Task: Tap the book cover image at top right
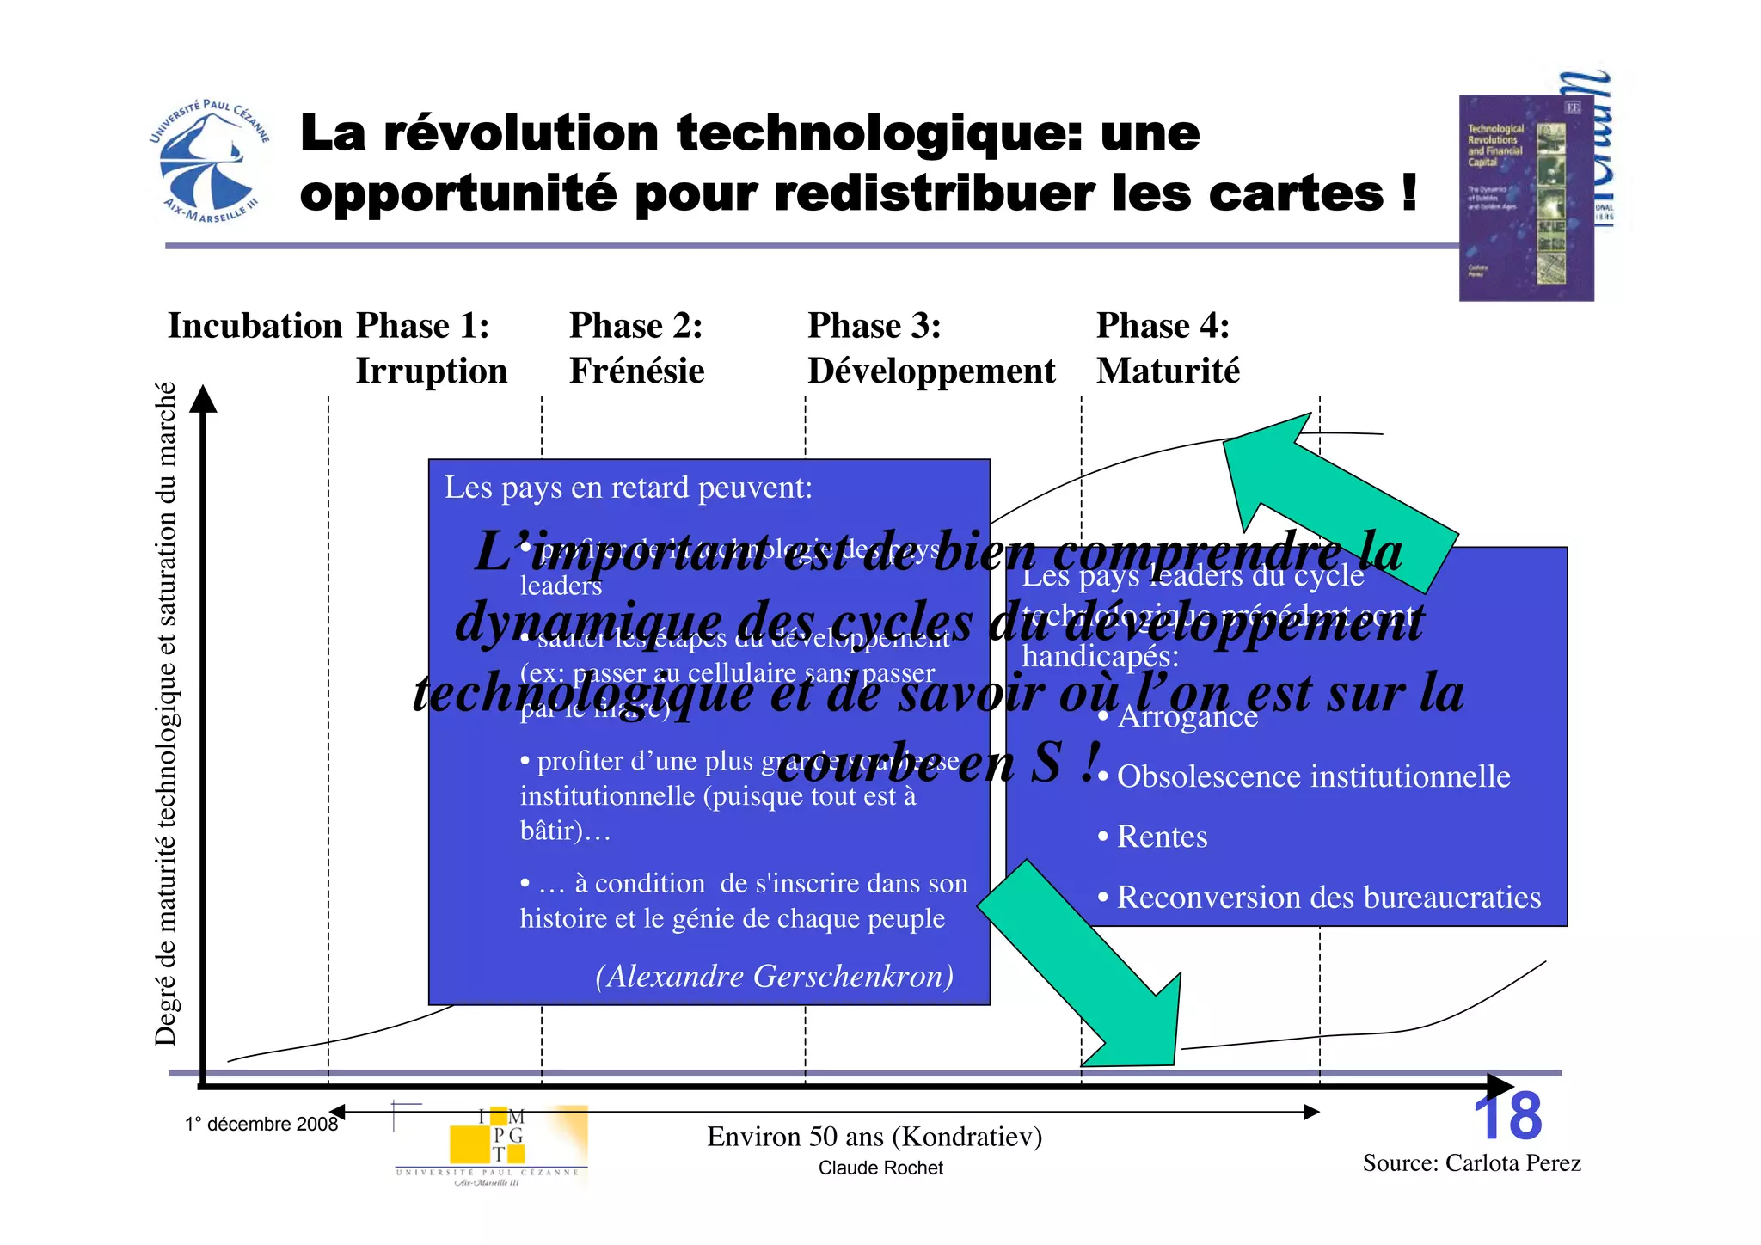pos(1525,198)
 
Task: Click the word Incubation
pos(255,327)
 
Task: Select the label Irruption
pos(432,371)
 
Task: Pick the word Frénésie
pos(636,371)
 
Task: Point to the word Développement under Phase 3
pos(930,371)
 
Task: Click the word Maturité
pos(1168,371)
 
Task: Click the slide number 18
pos(1507,1117)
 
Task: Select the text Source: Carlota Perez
pos(1471,1163)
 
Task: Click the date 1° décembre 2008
pos(261,1125)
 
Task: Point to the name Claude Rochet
pos(880,1168)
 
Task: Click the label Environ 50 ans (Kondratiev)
pos(874,1137)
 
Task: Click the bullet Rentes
pos(1162,837)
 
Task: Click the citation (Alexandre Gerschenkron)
pos(774,977)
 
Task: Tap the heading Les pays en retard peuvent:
pos(629,488)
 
